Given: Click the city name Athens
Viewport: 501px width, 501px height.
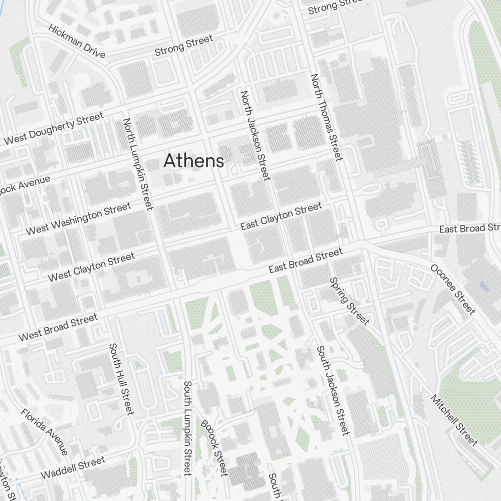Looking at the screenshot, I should [193, 161].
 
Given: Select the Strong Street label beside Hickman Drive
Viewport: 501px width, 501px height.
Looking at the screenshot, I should [183, 45].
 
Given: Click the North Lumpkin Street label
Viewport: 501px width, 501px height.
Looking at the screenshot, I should [138, 164].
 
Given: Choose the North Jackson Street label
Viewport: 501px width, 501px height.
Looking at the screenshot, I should [255, 135].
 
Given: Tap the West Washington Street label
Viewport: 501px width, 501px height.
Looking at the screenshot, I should [78, 218].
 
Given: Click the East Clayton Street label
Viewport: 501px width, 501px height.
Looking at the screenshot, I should [281, 216].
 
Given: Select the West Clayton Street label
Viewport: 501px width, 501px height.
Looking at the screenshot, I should [91, 267].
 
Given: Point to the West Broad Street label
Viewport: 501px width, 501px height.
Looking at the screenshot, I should [58, 328].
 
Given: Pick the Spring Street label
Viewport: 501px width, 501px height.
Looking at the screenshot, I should [349, 301].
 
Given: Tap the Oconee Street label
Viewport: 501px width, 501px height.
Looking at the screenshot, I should [452, 289].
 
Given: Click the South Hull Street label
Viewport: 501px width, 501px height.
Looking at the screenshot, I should [122, 379].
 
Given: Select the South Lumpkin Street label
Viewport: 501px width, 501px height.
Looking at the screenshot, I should [187, 428].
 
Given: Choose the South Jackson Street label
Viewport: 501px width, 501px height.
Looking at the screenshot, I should [332, 390].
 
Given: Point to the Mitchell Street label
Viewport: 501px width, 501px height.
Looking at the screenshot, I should [454, 420].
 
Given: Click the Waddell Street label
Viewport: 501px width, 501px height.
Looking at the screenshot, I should [73, 467].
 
